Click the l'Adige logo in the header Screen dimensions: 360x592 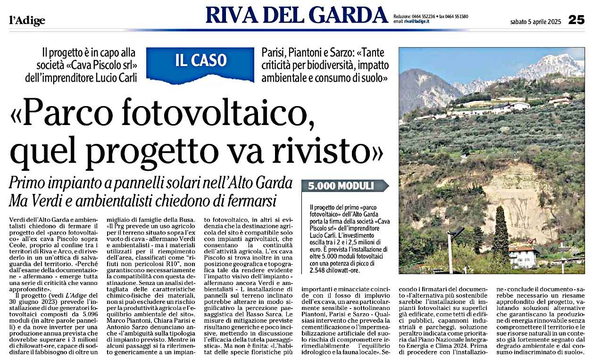pyautogui.click(x=27, y=21)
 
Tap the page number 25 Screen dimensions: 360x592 pyautogui.click(x=576, y=20)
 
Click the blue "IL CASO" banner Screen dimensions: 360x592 pyautogui.click(x=201, y=61)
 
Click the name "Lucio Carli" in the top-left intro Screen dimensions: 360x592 pyautogui.click(x=117, y=78)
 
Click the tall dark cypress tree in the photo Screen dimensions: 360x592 pyautogui.click(x=500, y=236)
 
